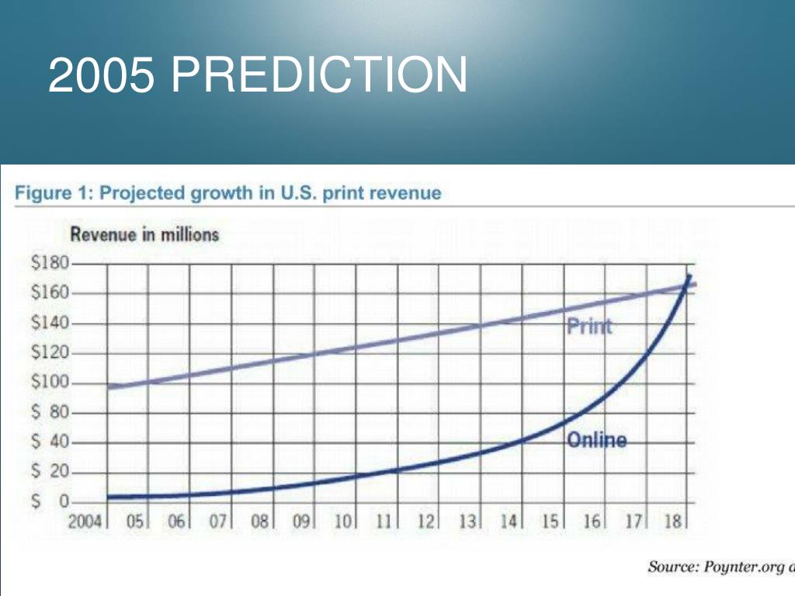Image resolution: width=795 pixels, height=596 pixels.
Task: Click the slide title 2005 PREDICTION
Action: [x=257, y=74]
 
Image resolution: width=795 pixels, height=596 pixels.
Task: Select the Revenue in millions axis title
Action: [x=144, y=234]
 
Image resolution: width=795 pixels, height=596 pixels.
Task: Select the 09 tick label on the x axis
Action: [x=301, y=521]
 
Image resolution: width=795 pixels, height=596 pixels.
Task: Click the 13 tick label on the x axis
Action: [x=467, y=521]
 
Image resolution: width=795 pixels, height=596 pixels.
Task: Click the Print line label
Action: [x=589, y=326]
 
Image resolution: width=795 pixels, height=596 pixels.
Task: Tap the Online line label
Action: [x=596, y=441]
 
